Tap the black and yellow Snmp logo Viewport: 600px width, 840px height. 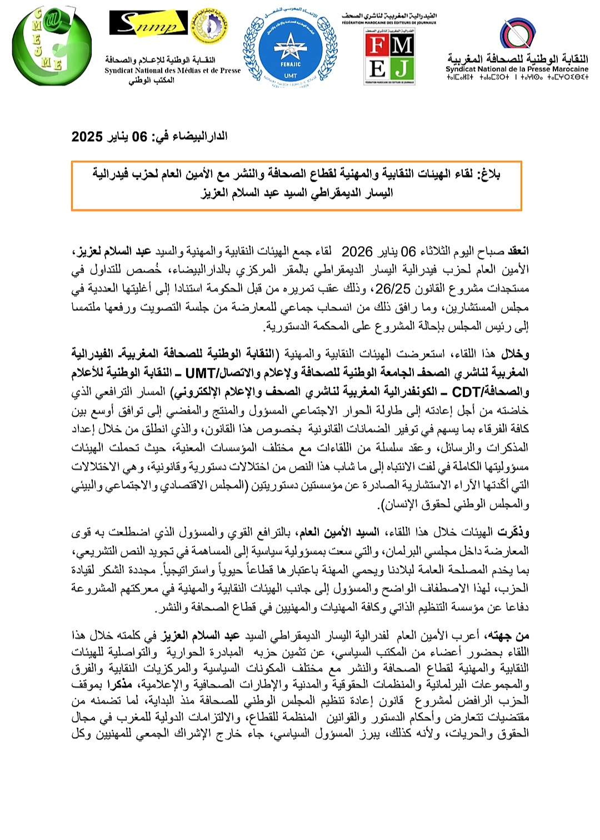coord(148,23)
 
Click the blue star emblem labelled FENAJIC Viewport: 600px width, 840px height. coord(290,47)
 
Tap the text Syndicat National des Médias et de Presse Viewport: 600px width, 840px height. coord(173,71)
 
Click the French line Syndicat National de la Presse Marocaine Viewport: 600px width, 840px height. coord(517,69)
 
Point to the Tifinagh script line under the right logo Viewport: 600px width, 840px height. coord(517,77)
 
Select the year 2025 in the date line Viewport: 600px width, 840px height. coord(87,137)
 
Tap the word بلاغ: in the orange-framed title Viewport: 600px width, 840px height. coord(488,174)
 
